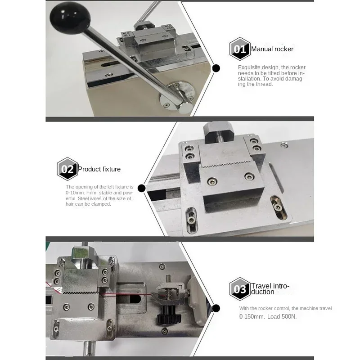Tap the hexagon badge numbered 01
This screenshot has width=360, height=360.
point(240,49)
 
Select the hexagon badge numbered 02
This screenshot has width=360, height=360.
point(67,169)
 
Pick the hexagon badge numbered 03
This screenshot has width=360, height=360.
point(240,289)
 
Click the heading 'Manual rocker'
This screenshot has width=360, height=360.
point(272,49)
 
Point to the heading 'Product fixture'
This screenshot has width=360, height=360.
point(99,169)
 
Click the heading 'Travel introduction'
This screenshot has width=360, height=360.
point(270,289)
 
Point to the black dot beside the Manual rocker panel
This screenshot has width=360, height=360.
point(216,68)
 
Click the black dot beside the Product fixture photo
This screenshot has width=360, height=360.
point(141,188)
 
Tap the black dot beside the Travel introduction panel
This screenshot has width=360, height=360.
point(216,308)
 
